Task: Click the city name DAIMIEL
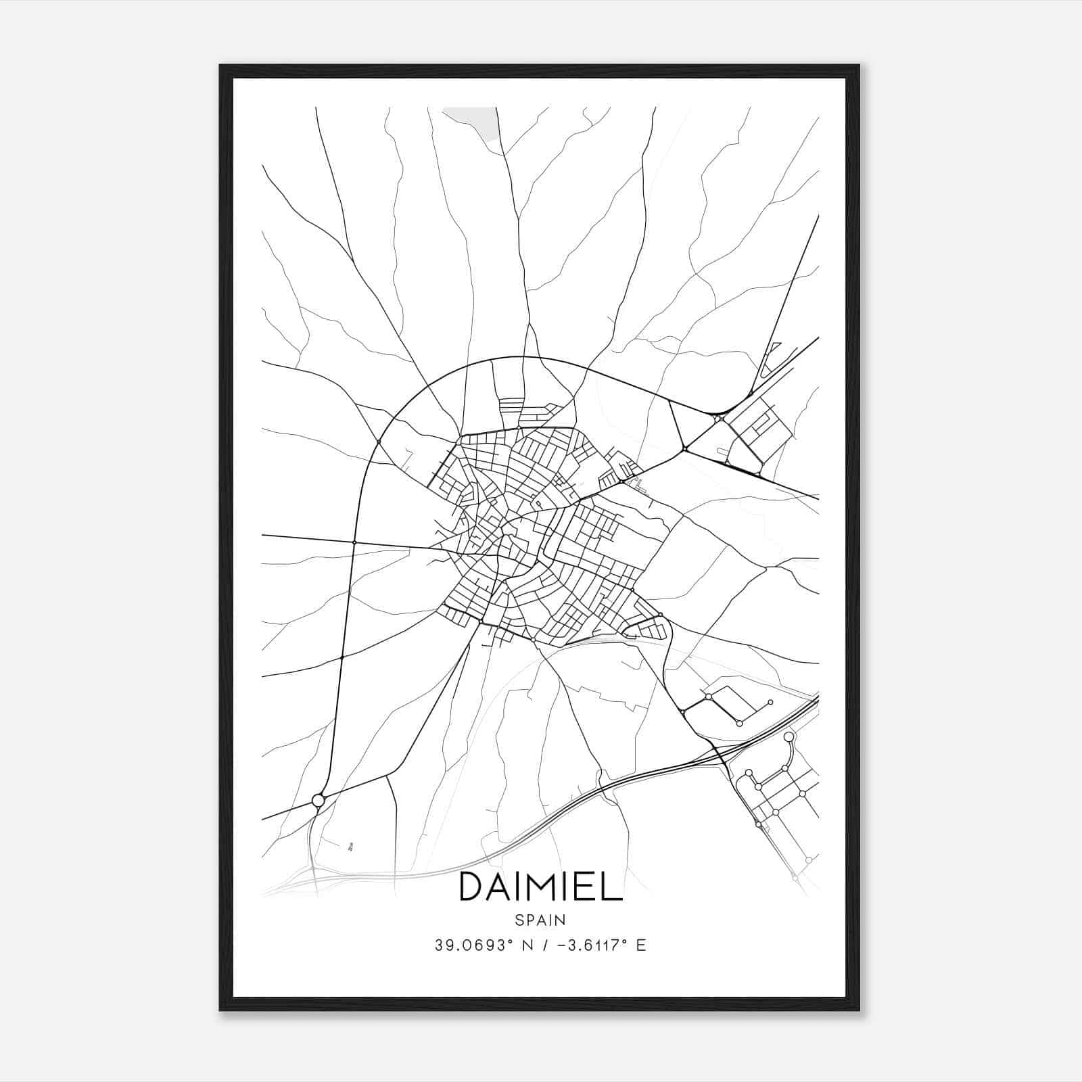540,887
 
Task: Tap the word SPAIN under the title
540,920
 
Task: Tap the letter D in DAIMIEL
471,887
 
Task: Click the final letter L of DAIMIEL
613,887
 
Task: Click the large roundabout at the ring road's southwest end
318,801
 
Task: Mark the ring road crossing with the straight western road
354,542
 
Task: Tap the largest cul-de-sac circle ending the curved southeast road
788,736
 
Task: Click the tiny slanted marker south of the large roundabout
350,845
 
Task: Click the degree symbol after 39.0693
503,941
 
